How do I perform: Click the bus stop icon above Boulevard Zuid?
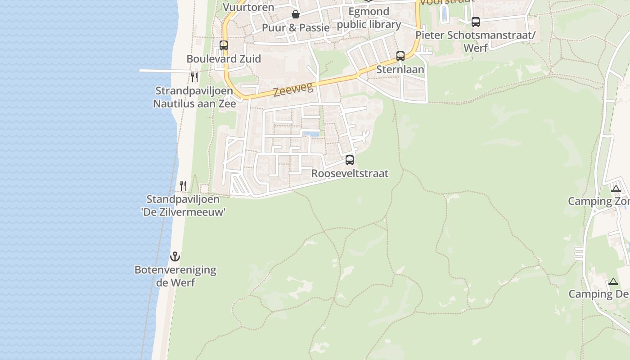pyautogui.click(x=224, y=45)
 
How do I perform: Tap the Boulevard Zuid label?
pyautogui.click(x=224, y=59)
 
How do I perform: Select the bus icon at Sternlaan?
pyautogui.click(x=400, y=56)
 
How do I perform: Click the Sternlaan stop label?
pyautogui.click(x=400, y=69)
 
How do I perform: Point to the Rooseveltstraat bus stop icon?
pyautogui.click(x=350, y=160)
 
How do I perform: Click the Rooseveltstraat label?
pyautogui.click(x=350, y=173)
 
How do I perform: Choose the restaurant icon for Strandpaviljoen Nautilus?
pyautogui.click(x=194, y=77)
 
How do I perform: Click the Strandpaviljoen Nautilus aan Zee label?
pyautogui.click(x=194, y=97)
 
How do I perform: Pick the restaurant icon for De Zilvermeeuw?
pyautogui.click(x=183, y=186)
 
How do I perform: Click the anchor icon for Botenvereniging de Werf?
pyautogui.click(x=175, y=257)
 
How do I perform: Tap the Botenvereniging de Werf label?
pyautogui.click(x=175, y=276)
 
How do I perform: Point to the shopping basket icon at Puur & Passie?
pyautogui.click(x=296, y=14)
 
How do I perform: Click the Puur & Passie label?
pyautogui.click(x=296, y=27)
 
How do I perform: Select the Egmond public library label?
pyautogui.click(x=369, y=18)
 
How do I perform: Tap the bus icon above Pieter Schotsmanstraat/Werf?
pyautogui.click(x=476, y=22)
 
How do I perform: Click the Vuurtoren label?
pyautogui.click(x=248, y=7)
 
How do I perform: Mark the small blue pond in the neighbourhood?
pyautogui.click(x=311, y=134)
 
